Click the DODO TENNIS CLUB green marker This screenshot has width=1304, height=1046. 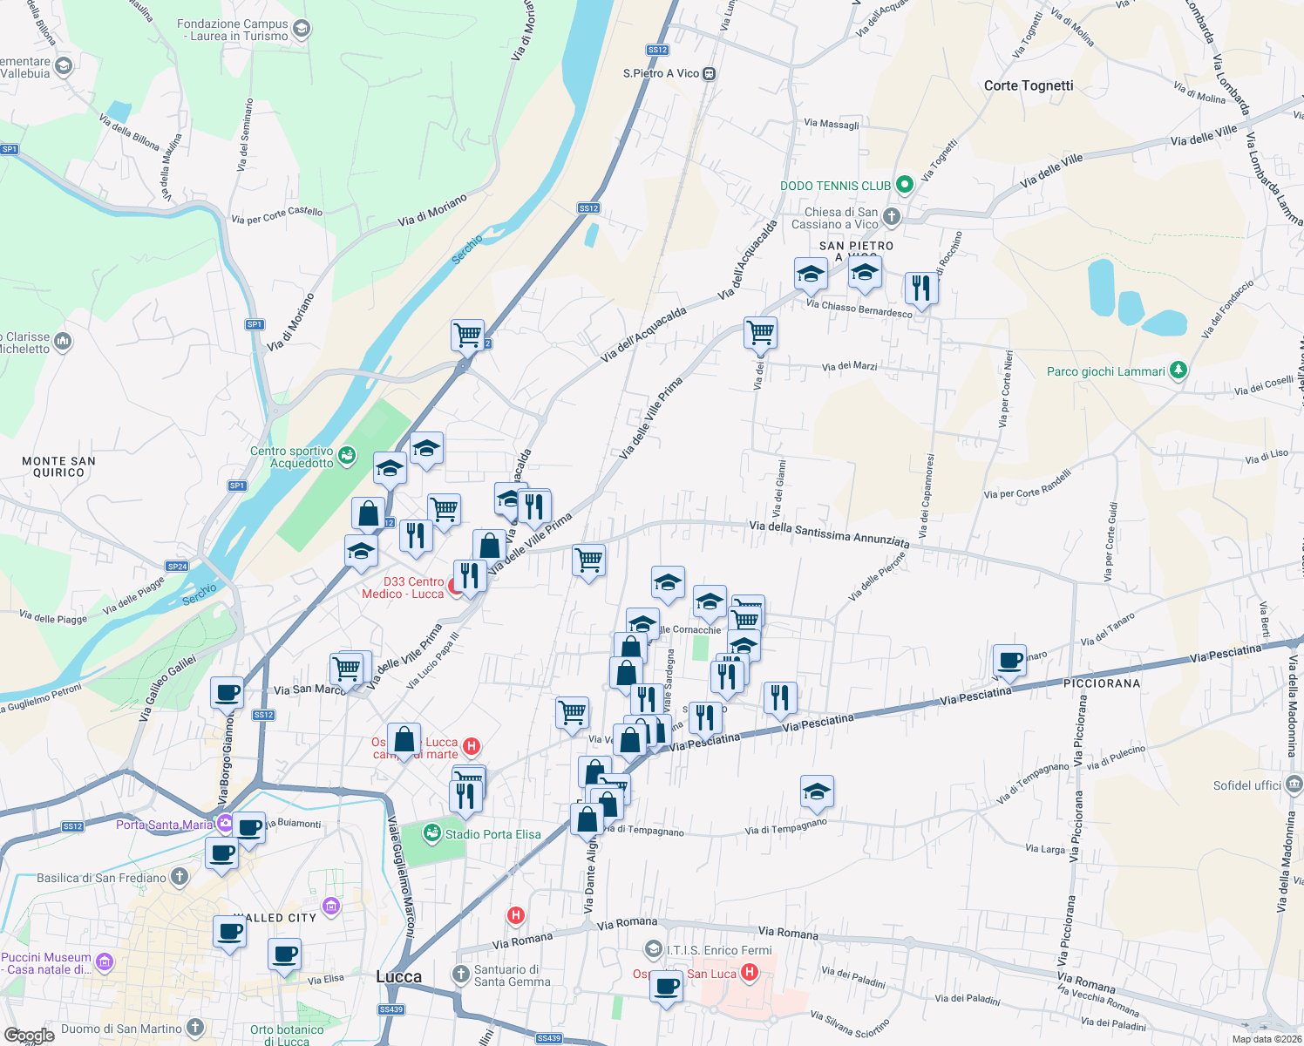[x=905, y=185]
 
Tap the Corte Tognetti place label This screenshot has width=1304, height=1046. [x=1029, y=85]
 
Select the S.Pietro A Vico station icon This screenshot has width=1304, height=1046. [x=710, y=74]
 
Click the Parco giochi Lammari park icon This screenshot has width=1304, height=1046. [x=1178, y=370]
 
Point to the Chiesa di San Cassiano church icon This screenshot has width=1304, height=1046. [x=891, y=216]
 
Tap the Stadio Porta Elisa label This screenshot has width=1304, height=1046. [x=492, y=834]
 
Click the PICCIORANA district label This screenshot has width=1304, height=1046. [x=1102, y=683]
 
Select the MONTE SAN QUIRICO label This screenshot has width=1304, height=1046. [x=58, y=466]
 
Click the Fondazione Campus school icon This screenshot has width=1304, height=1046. [x=302, y=30]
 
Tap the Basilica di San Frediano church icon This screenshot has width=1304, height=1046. [x=180, y=877]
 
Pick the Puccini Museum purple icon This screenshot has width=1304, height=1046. [x=105, y=962]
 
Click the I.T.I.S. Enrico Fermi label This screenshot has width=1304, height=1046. [x=719, y=950]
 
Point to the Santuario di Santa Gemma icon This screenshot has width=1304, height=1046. [x=461, y=974]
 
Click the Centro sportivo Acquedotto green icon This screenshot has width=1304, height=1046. [x=347, y=455]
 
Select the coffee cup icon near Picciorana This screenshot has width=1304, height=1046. [x=1009, y=660]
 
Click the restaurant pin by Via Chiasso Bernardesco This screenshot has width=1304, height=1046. [x=921, y=287]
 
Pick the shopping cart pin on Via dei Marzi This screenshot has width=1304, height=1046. [x=760, y=332]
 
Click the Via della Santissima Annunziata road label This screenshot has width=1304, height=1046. [x=829, y=534]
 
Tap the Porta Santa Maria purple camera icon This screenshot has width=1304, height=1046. [x=226, y=823]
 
